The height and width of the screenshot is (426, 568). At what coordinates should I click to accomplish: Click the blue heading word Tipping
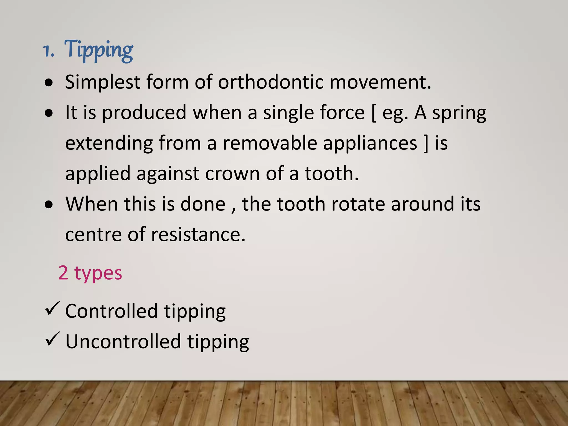tap(99, 50)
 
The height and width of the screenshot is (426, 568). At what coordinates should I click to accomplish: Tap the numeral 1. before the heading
tap(49, 51)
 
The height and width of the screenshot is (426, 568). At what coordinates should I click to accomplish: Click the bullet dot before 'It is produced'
tap(49, 113)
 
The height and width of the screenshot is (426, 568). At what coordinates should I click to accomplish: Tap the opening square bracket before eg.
tap(374, 113)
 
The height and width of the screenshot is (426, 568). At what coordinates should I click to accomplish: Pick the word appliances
tap(370, 144)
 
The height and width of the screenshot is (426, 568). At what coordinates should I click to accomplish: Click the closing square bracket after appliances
tap(426, 143)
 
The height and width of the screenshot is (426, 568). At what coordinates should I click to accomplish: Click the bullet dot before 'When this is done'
tap(49, 205)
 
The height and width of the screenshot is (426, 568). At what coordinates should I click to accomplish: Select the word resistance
tap(198, 235)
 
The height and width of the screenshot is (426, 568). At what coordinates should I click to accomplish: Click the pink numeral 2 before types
tap(63, 273)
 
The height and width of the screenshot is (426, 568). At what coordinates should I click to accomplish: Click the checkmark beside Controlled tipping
tap(52, 308)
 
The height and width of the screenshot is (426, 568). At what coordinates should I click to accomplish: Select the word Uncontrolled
tap(123, 342)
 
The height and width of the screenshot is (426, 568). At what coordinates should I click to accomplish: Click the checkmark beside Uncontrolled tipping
tap(52, 339)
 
